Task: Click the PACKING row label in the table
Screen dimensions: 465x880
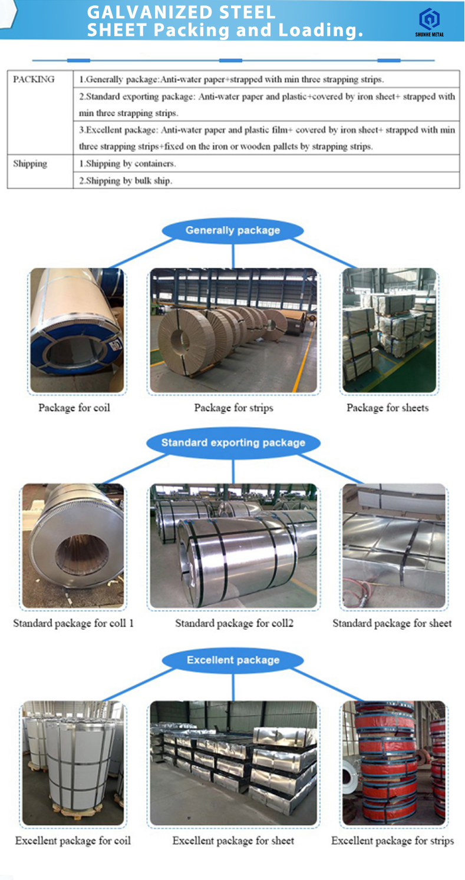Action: tap(34, 80)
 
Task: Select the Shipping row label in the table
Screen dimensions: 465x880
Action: tap(30, 164)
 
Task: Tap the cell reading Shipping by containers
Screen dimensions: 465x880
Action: tap(128, 164)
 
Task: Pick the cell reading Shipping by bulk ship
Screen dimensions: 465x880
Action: tap(126, 181)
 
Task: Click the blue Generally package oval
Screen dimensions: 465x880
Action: tap(233, 230)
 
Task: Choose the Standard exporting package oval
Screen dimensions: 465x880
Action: tap(233, 443)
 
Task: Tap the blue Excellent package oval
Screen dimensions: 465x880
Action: tap(233, 660)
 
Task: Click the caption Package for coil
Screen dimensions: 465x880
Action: tap(74, 408)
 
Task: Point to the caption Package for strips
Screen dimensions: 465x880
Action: tap(234, 408)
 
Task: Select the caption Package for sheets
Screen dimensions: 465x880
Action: tap(388, 408)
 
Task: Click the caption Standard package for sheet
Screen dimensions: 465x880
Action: tap(392, 623)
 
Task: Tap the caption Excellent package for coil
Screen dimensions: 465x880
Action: tap(73, 841)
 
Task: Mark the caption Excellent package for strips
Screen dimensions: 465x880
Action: tap(393, 841)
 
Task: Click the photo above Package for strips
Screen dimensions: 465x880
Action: tap(233, 330)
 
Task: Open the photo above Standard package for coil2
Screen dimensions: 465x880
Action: tap(233, 546)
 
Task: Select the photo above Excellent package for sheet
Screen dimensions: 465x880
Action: tap(233, 763)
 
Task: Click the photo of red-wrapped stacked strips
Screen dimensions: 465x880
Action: tap(394, 763)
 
